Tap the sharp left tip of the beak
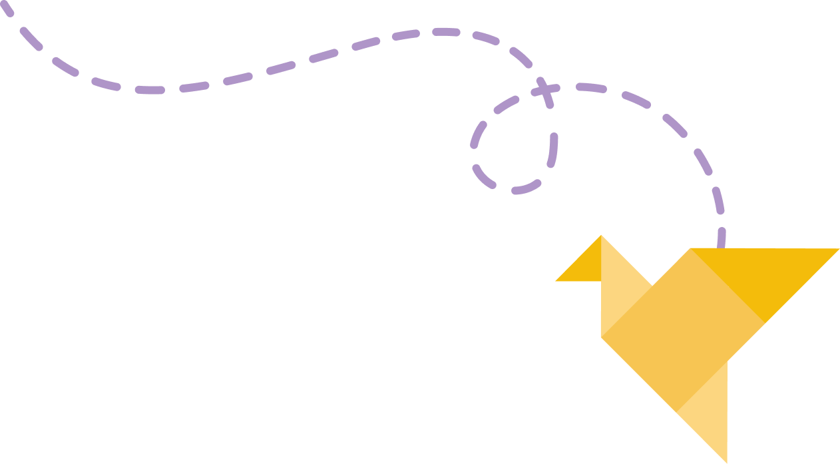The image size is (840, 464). [x=556, y=280]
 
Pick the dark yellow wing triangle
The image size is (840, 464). [x=765, y=273]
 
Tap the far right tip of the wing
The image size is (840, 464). [x=838, y=249]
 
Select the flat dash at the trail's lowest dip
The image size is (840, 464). [x=150, y=90]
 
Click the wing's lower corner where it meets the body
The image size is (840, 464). [x=764, y=323]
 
